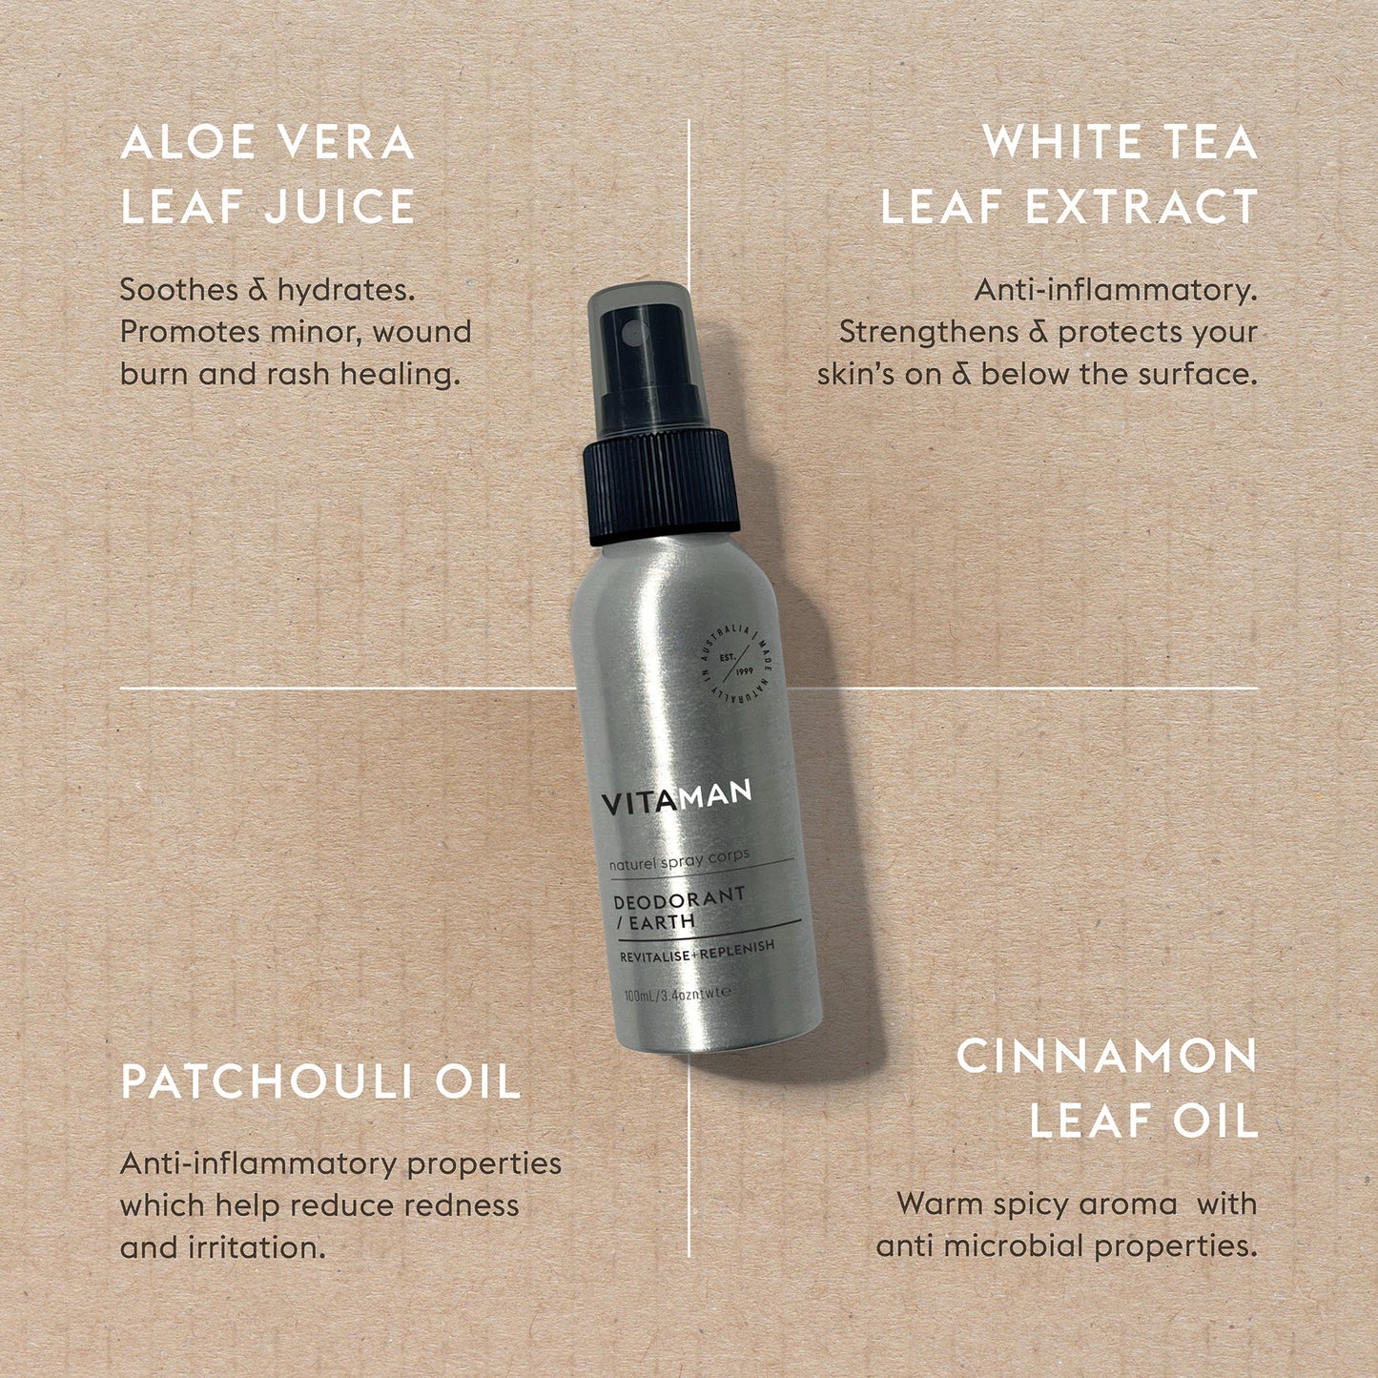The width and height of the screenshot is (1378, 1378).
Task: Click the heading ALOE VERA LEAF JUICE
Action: (x=268, y=175)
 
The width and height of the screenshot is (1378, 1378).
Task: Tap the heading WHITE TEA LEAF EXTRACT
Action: (x=1068, y=175)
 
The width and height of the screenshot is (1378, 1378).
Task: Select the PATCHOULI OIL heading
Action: (x=320, y=1082)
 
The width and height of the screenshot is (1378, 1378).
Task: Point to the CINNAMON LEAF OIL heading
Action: (x=1106, y=1089)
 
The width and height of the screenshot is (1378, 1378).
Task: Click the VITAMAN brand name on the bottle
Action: (x=676, y=797)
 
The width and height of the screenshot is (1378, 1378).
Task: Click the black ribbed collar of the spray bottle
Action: (x=660, y=488)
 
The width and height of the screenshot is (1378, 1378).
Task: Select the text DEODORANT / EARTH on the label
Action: (x=677, y=909)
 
